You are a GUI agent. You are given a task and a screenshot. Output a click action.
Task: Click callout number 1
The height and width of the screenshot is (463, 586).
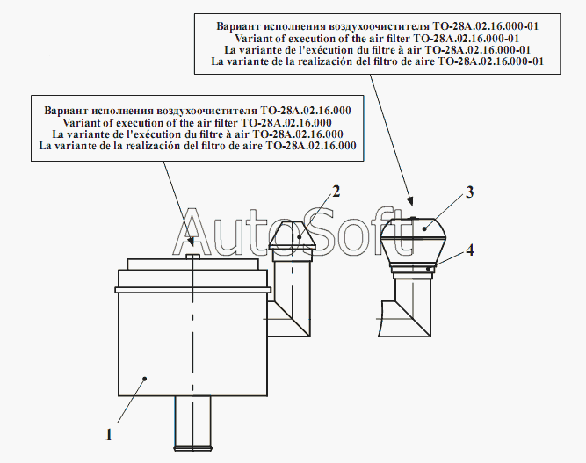coord(109,435)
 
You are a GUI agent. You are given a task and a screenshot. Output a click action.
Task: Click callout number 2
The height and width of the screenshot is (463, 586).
coord(336,192)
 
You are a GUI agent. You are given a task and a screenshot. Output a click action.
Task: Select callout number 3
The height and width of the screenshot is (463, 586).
coord(469,192)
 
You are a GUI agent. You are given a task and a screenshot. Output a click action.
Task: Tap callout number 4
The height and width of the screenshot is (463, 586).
coord(470,250)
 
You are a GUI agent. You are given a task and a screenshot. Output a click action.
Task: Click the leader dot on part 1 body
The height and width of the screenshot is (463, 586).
coord(145,379)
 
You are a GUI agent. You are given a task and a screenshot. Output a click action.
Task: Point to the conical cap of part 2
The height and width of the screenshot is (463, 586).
coord(293,235)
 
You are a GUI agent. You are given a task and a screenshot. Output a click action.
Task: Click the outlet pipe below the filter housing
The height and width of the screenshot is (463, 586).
coord(192,423)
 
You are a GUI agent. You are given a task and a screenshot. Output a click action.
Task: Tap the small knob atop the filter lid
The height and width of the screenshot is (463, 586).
coord(192,257)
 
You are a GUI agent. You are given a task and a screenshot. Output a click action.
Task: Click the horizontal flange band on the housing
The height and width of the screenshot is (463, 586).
coord(192,290)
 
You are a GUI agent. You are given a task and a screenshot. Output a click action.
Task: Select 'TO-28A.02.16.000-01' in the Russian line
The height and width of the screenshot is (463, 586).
coord(486,26)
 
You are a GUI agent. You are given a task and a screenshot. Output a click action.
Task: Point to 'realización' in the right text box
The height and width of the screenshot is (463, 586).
coord(325,61)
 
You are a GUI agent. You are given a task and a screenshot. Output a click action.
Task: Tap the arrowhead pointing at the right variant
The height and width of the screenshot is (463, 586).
coord(410,202)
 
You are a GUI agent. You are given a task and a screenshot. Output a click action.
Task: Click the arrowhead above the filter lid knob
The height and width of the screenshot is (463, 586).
coord(192,242)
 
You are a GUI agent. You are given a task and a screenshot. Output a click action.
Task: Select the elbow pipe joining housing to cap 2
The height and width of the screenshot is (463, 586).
coord(289,299)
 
